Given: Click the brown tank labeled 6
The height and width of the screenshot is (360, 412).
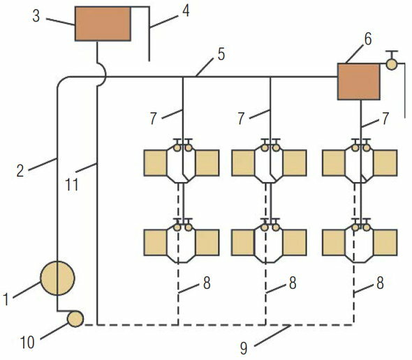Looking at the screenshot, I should click(357, 80).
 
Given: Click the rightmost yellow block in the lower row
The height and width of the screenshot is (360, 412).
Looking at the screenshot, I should click(385, 242).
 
